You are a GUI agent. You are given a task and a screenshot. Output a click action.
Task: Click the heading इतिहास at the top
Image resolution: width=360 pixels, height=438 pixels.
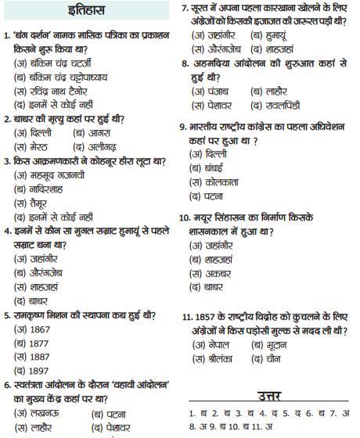tap(88, 11)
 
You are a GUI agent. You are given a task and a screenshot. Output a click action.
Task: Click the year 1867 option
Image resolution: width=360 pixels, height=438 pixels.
tap(35, 329)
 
